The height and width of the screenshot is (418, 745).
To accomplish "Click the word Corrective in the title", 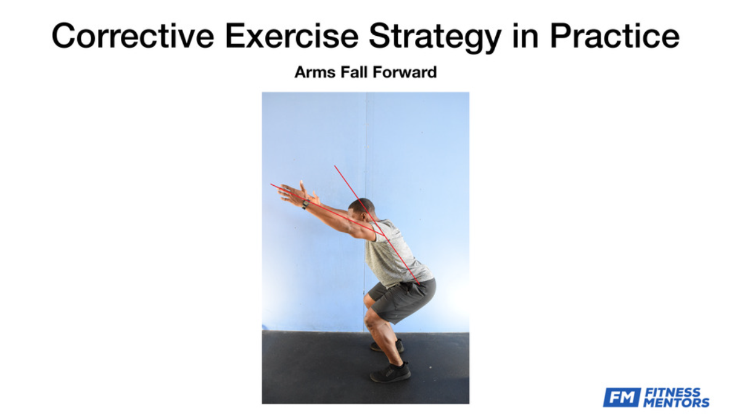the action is (x=133, y=36).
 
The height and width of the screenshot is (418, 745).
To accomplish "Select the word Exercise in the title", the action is (x=292, y=36).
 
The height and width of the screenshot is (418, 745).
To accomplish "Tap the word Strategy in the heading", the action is (x=435, y=37).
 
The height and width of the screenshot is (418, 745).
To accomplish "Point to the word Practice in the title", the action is (x=615, y=36).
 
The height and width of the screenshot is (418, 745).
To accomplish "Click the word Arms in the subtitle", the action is (x=315, y=72).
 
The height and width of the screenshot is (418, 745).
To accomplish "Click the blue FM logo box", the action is (x=622, y=398).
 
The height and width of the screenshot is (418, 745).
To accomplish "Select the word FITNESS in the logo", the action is (x=672, y=392).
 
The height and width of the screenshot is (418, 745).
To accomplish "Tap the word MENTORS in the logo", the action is (x=677, y=403).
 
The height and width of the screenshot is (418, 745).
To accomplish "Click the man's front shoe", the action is (x=390, y=372).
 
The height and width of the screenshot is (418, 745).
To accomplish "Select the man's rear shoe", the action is (x=388, y=346).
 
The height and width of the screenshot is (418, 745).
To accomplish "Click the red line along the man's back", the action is (x=377, y=225).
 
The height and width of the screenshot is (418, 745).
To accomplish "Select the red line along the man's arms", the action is (x=327, y=210).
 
